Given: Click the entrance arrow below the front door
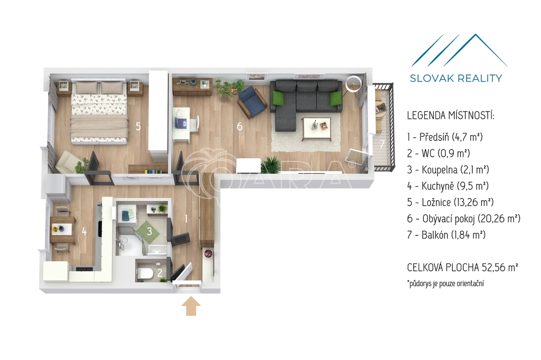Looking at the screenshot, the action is pyautogui.click(x=191, y=307).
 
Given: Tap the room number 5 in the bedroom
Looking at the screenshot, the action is pyautogui.click(x=138, y=127).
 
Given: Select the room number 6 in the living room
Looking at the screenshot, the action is pyautogui.click(x=239, y=127).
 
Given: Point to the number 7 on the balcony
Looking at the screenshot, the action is pyautogui.click(x=382, y=144).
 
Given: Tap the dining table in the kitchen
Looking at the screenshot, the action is pyautogui.click(x=63, y=230).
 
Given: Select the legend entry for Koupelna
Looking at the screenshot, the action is pyautogui.click(x=448, y=169).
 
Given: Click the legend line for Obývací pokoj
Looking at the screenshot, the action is pyautogui.click(x=463, y=219).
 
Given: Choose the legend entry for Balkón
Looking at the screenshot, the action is pyautogui.click(x=446, y=235).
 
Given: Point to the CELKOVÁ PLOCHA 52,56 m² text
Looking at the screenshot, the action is pyautogui.click(x=463, y=267).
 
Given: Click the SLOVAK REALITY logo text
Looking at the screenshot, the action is pyautogui.click(x=456, y=78).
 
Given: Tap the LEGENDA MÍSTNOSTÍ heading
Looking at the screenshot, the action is pyautogui.click(x=451, y=115).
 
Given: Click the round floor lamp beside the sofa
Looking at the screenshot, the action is pyautogui.click(x=353, y=83).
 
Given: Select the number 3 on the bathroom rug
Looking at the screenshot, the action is pyautogui.click(x=150, y=231).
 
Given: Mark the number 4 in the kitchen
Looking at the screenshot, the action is pyautogui.click(x=84, y=231).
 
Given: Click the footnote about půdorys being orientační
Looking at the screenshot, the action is pyautogui.click(x=445, y=284).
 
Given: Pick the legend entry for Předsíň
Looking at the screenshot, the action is pyautogui.click(x=445, y=137).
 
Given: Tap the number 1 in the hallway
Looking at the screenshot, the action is pyautogui.click(x=186, y=219).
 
